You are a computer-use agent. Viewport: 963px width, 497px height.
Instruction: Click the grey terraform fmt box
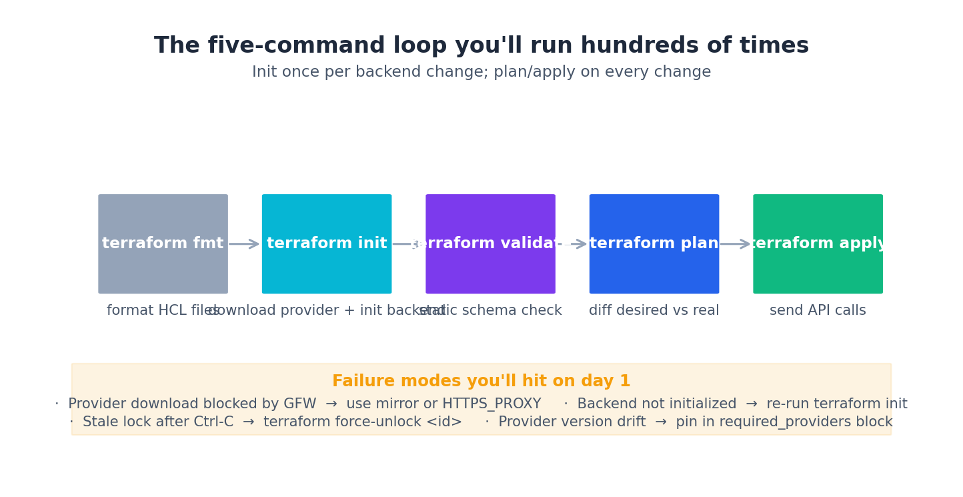click(163, 243)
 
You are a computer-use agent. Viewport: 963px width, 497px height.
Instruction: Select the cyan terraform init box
click(327, 243)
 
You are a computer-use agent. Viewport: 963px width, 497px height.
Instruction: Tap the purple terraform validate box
click(490, 243)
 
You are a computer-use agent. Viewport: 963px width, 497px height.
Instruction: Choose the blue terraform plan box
click(654, 243)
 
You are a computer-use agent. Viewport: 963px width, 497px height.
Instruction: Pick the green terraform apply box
click(818, 243)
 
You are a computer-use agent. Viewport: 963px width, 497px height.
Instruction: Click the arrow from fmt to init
click(244, 244)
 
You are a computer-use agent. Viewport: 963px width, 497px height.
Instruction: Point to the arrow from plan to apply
click(736, 244)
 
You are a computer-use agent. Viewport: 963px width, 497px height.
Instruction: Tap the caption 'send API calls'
click(818, 311)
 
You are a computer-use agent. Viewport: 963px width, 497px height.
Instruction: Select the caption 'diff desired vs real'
click(654, 311)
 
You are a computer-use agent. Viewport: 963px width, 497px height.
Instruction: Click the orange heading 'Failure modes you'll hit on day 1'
click(481, 382)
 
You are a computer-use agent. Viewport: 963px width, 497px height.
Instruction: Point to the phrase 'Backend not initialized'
click(657, 404)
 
